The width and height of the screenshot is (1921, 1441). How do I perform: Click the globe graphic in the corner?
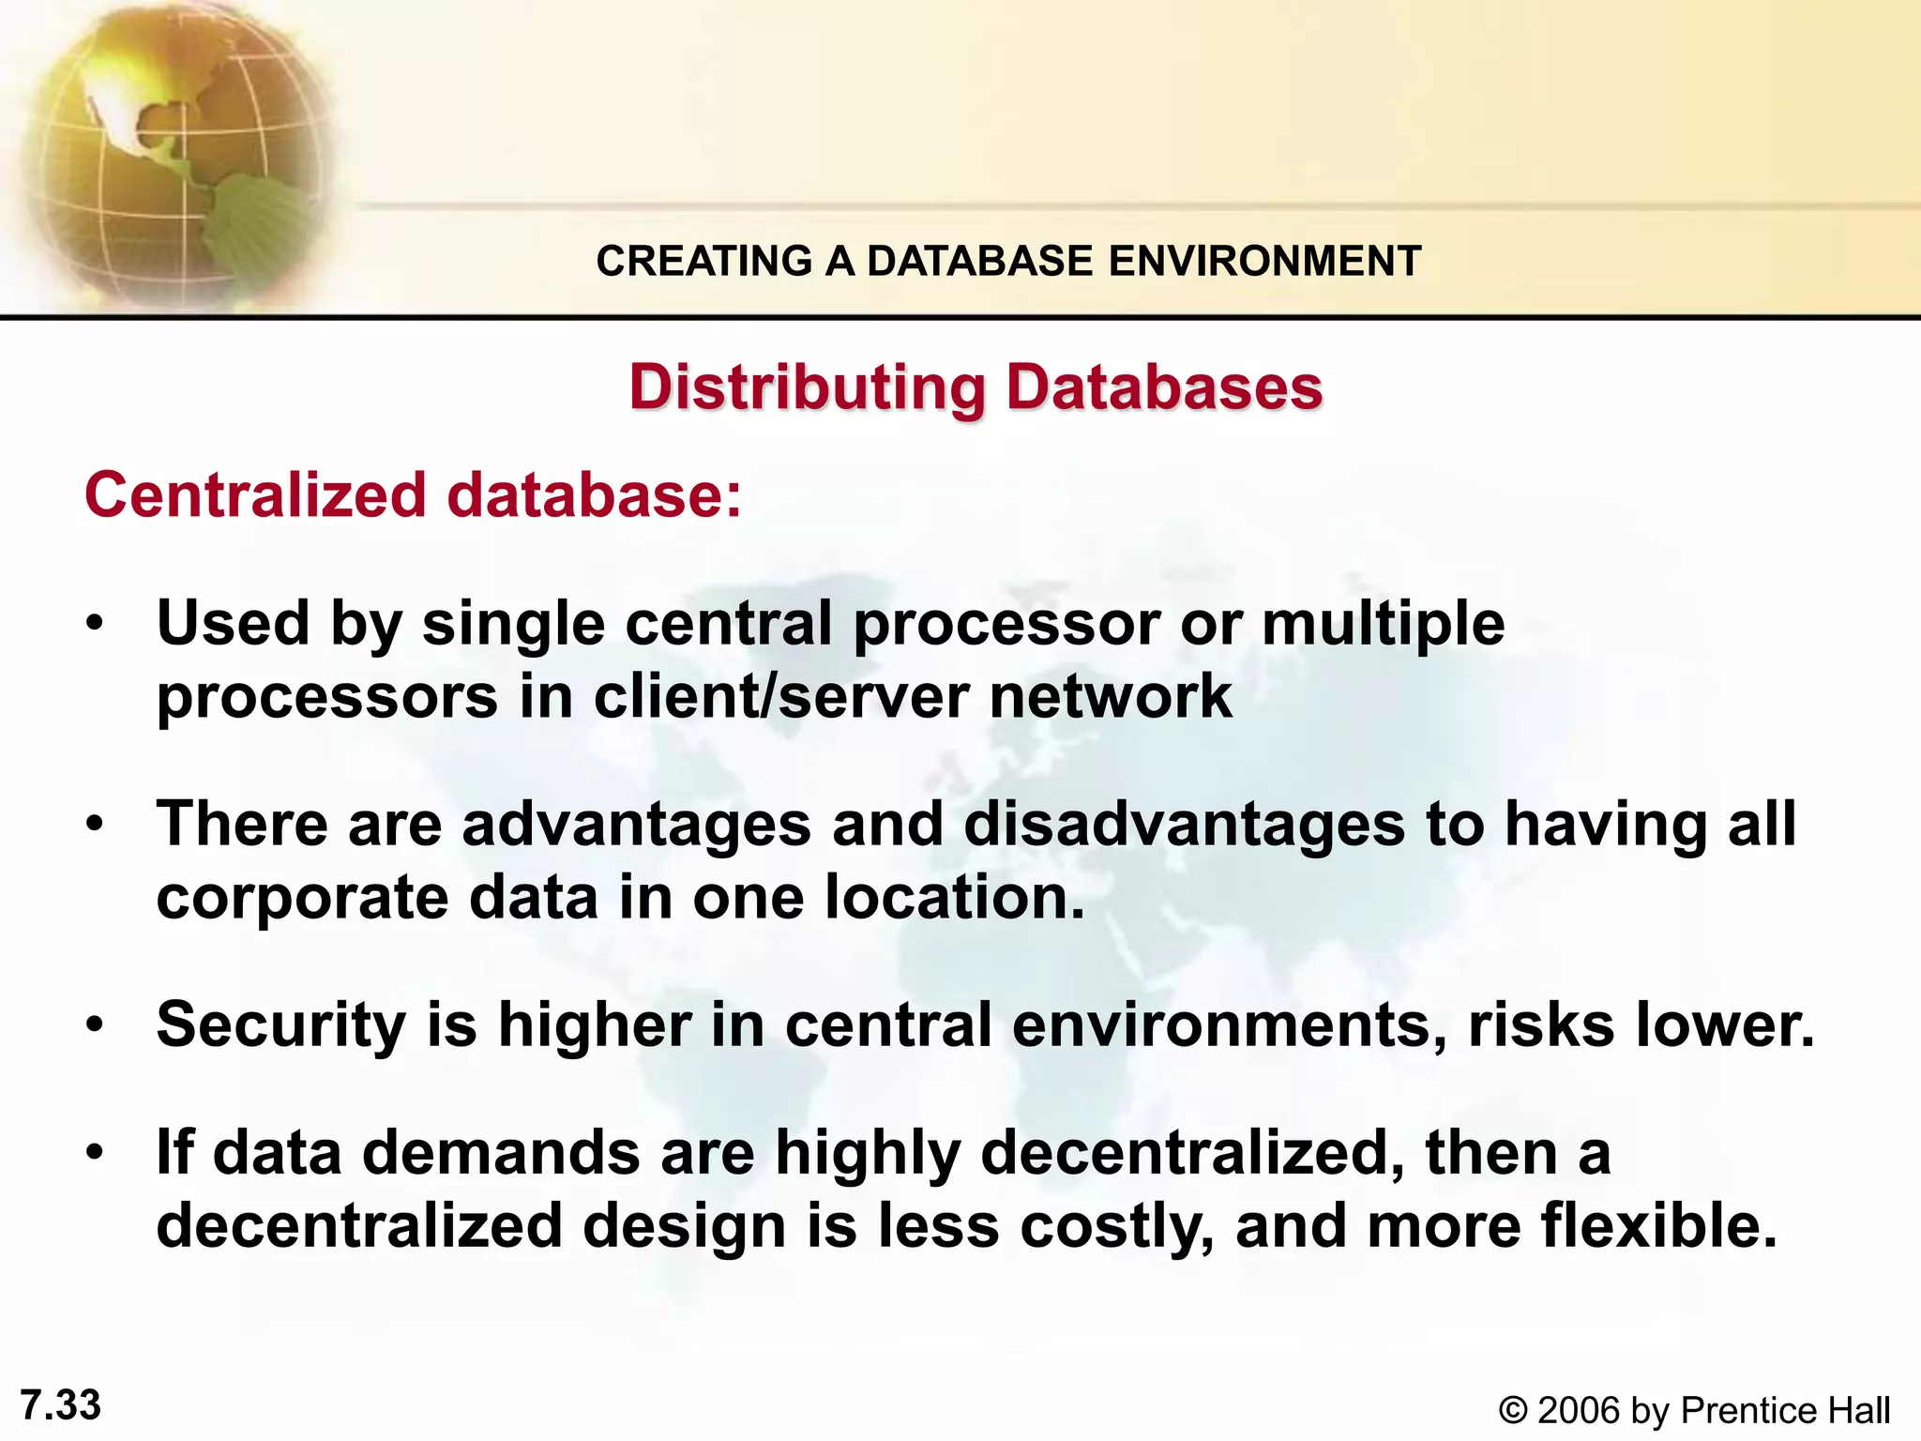[x=169, y=150]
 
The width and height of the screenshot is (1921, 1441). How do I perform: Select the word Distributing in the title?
[x=808, y=387]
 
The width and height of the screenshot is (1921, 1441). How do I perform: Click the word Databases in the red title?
[x=1164, y=387]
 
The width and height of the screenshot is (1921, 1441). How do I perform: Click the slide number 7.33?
[x=61, y=1405]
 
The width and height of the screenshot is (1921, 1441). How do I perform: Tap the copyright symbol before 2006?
[x=1513, y=1411]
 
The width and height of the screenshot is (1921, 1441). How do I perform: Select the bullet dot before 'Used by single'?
[x=94, y=624]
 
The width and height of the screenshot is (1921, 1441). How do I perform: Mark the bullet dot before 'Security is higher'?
[x=94, y=1024]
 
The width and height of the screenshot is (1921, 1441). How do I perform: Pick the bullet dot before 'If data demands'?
[x=94, y=1153]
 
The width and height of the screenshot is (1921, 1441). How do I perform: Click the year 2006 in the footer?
[x=1580, y=1411]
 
